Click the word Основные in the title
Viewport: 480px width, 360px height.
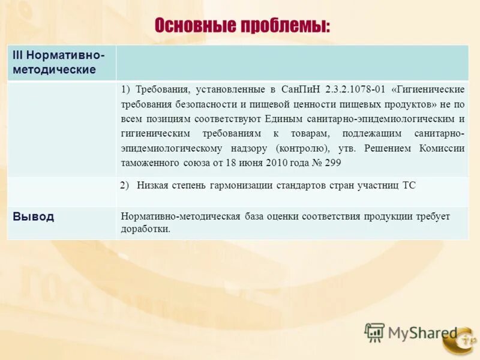pos(195,26)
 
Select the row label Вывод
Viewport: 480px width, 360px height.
pos(33,217)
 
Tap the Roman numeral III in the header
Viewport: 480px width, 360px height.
pos(19,55)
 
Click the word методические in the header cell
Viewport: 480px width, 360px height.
pos(55,70)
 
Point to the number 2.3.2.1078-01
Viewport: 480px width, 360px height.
pos(355,89)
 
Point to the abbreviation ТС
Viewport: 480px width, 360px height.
pos(408,185)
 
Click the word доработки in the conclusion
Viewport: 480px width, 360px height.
pos(145,229)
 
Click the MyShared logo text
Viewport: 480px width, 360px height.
pos(422,332)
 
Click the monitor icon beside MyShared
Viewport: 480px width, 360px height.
pos(374,332)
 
